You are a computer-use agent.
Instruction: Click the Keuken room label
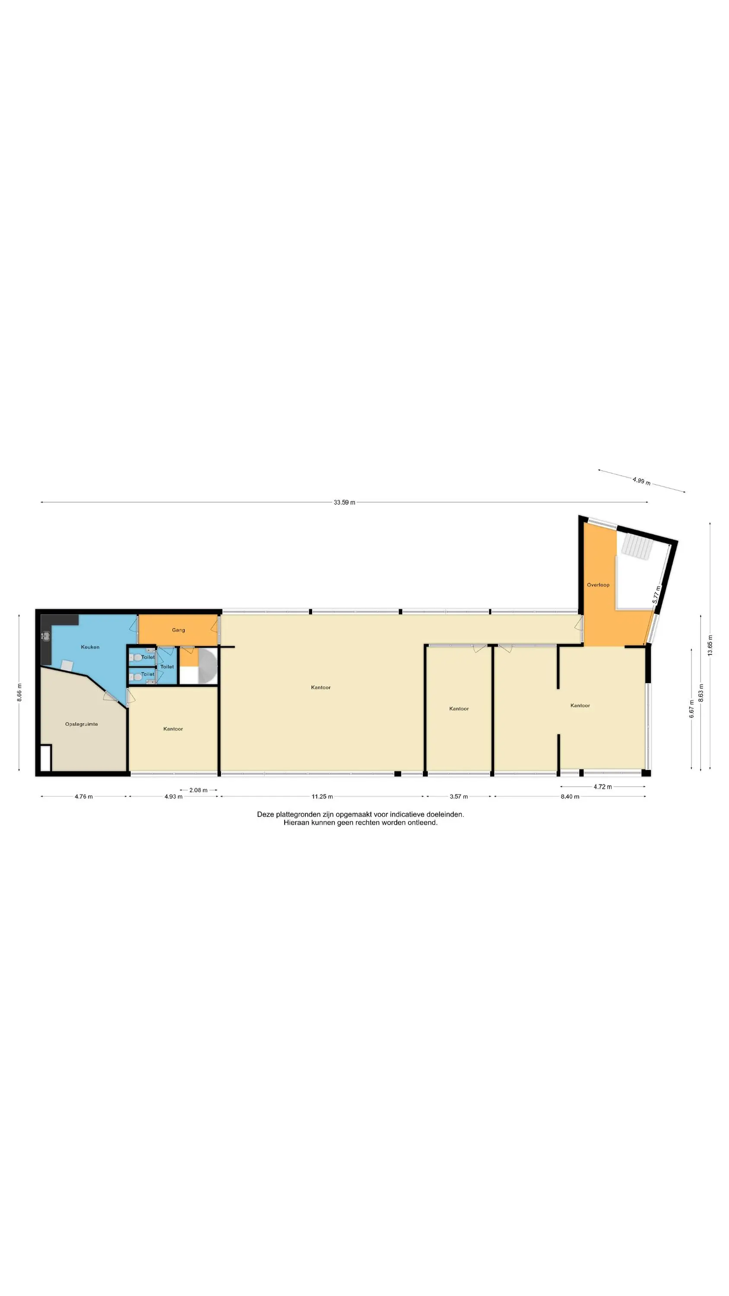pos(90,647)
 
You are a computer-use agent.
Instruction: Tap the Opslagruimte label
pos(82,724)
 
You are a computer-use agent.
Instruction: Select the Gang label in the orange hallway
pos(178,630)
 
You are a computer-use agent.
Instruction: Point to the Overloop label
pos(598,584)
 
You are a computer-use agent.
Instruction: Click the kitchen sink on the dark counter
pos(46,636)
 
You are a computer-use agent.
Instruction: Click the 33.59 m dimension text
pos(344,502)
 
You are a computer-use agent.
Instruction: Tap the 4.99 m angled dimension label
pos(641,481)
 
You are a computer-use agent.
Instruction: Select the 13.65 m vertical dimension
pos(710,645)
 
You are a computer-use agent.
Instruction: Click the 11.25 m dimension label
pos(322,797)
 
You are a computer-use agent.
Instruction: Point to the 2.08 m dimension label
pos(198,790)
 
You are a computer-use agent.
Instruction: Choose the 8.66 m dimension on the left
pos(19,692)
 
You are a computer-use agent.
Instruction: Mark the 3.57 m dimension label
pos(458,797)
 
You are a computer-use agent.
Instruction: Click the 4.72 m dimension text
pos(602,787)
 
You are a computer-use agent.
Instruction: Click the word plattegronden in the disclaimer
pos(298,814)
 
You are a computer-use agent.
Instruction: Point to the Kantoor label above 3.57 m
pos(459,708)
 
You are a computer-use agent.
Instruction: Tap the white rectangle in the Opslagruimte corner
pos(45,758)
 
